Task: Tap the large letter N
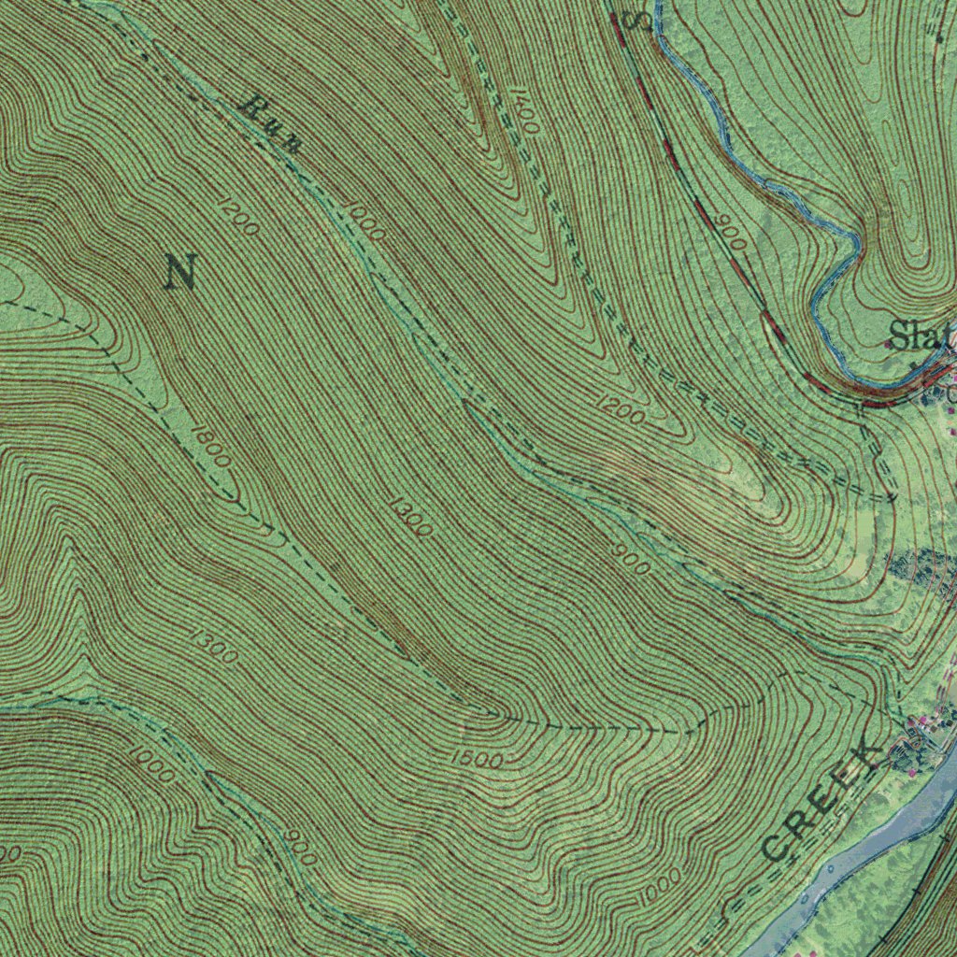click(x=180, y=271)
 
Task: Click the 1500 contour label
click(x=476, y=759)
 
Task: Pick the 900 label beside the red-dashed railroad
click(x=732, y=234)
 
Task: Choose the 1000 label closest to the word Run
click(x=364, y=220)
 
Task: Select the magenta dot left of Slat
click(x=887, y=344)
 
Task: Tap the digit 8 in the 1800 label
click(x=205, y=440)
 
